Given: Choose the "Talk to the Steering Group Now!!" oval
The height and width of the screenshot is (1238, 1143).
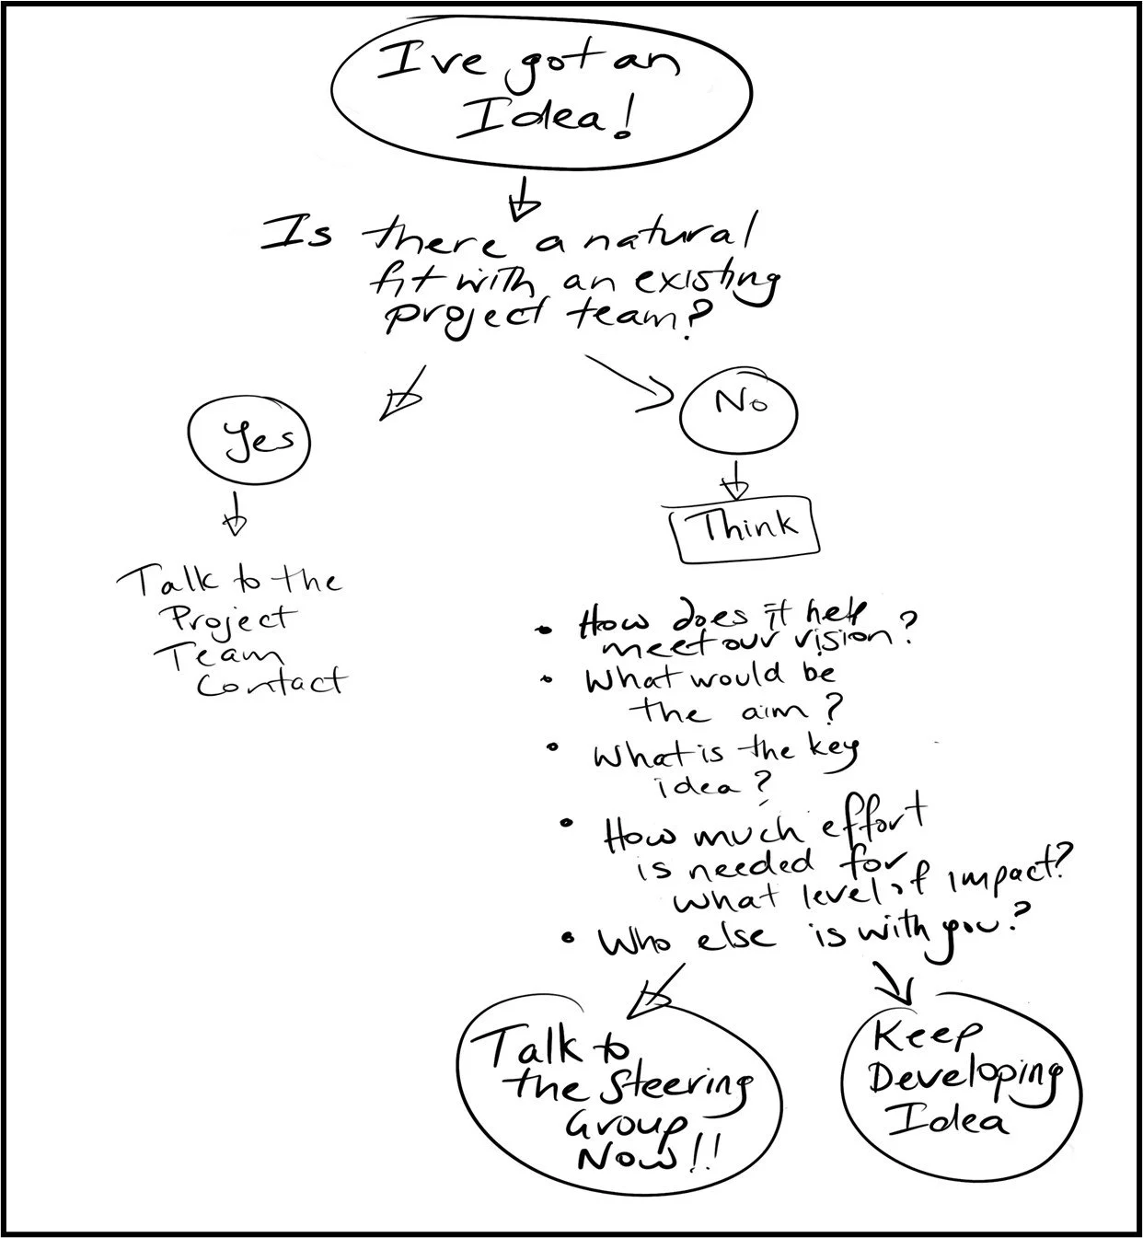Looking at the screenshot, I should click(618, 1095).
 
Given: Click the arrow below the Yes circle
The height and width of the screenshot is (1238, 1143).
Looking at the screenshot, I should click(236, 514).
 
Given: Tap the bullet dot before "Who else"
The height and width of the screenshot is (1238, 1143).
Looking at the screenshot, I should click(570, 940).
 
